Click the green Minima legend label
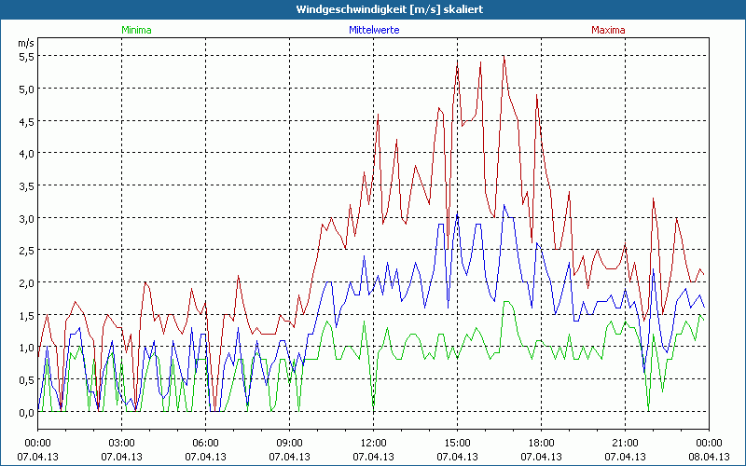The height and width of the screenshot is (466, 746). pos(136,30)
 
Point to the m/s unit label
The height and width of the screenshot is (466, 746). pos(26,43)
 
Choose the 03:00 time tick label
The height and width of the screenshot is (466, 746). pos(121,443)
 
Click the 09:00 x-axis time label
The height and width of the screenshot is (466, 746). pos(289,443)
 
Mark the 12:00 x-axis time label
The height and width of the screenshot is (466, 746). pos(373,443)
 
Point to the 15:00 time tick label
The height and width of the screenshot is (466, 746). pos(457,443)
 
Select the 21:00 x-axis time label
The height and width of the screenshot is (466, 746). pos(625,443)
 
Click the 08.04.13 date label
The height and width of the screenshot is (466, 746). pos(709,457)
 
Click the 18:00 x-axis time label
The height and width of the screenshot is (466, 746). pos(541,443)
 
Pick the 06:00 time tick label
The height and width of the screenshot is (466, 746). pos(205,443)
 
